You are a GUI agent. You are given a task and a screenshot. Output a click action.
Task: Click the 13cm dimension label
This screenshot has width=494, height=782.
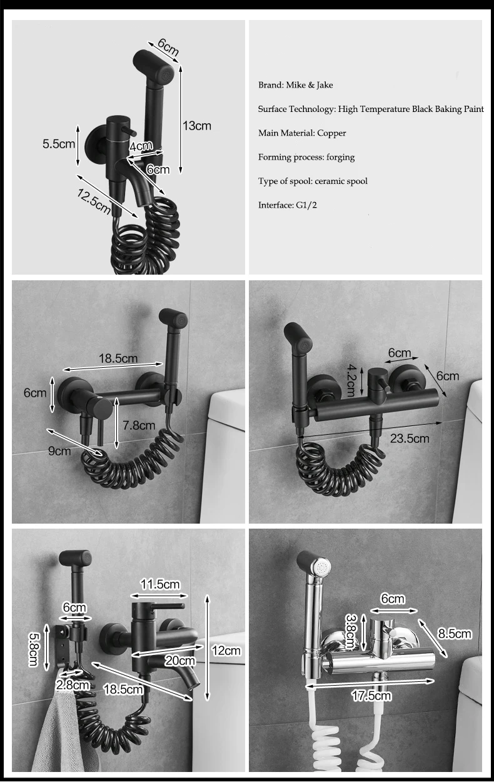coord(197,126)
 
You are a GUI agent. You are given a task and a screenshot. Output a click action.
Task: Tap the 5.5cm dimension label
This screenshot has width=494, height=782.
coord(59,144)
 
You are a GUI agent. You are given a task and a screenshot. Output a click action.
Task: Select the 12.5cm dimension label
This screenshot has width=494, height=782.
coord(94,201)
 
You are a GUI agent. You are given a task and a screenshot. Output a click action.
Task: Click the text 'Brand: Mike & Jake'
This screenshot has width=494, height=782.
coord(296,85)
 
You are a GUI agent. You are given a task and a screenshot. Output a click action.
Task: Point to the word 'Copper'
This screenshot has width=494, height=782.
coord(331,133)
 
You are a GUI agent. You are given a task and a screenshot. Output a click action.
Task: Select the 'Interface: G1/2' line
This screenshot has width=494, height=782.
coord(288,205)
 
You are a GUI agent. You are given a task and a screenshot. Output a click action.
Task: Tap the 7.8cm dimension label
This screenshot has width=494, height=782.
coord(139,425)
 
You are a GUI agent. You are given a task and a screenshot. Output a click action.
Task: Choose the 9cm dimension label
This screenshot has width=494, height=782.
coord(59,451)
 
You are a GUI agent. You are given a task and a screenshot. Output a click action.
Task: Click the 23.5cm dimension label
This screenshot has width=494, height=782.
coord(410,438)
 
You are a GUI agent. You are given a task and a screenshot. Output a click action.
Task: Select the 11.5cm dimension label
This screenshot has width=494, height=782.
coord(160,584)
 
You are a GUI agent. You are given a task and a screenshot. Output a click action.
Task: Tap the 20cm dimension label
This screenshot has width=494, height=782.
coord(179,660)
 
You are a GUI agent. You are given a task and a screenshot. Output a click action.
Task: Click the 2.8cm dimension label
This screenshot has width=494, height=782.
coord(73,684)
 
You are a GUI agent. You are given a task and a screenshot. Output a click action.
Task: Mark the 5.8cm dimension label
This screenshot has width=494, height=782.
coord(34,649)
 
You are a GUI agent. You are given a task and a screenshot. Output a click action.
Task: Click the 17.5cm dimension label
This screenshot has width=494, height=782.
coord(371,696)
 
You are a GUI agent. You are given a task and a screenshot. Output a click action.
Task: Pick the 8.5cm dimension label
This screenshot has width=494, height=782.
coord(455,633)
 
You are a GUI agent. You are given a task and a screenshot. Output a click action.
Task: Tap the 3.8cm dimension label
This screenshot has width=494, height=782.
coord(350,631)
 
